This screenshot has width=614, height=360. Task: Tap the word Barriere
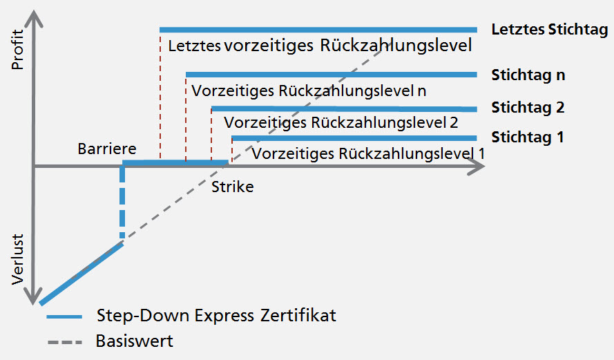107,149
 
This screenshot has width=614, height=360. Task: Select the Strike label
232,187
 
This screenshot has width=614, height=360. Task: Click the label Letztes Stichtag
549,30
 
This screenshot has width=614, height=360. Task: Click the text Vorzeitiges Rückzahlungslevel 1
368,153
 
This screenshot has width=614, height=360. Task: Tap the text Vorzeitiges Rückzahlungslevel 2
341,123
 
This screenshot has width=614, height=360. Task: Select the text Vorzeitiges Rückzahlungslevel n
309,91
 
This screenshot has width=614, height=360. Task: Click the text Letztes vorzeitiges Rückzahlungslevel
320,47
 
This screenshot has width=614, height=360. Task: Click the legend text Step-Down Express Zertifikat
217,316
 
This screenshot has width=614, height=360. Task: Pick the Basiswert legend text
135,341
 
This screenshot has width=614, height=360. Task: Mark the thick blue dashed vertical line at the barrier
122,204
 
